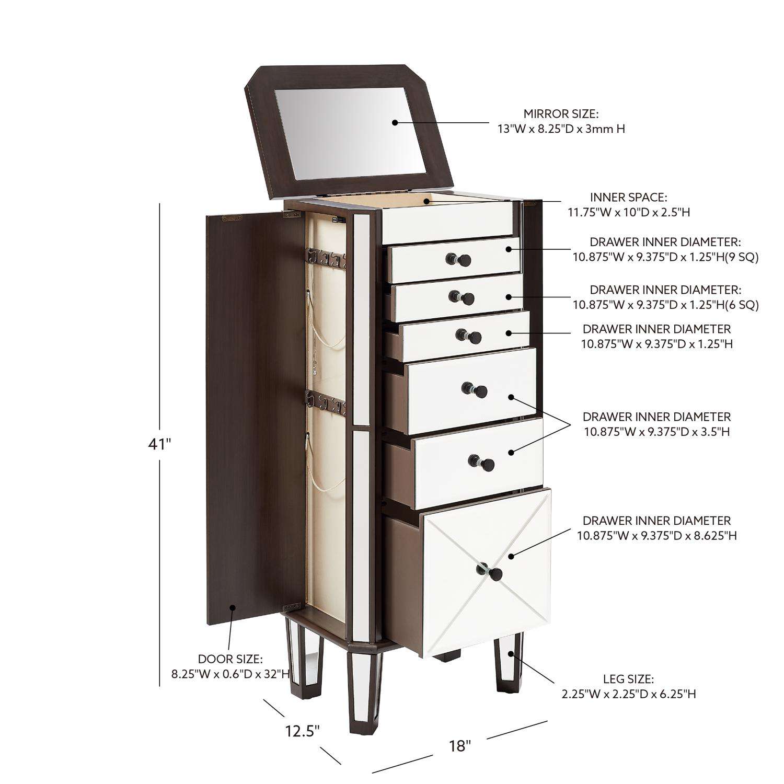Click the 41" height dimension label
tap(160, 444)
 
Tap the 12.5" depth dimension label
tap(303, 730)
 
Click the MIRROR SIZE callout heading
tap(561, 114)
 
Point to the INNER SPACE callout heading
tap(629, 198)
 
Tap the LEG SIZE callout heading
tap(628, 679)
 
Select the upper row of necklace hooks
tap(326, 257)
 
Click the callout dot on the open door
tap(233, 607)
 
